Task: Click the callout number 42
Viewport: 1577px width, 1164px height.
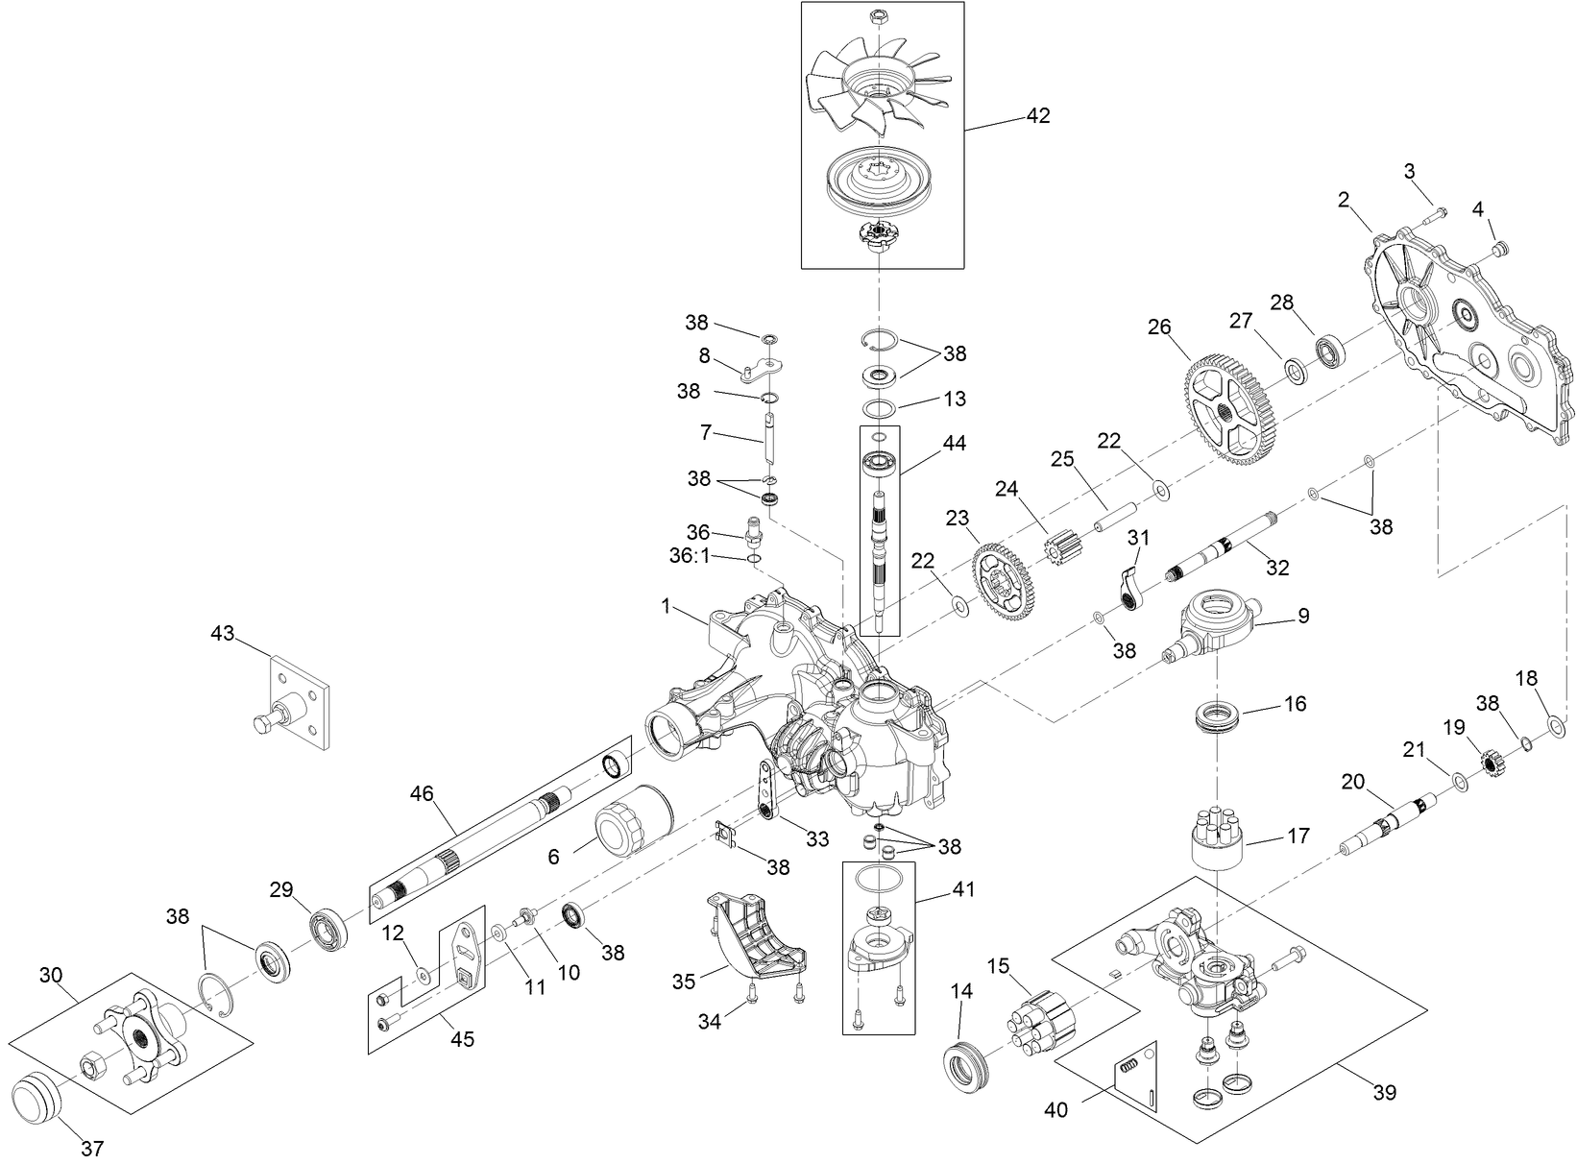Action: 1038,115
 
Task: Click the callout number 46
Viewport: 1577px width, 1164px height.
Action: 422,793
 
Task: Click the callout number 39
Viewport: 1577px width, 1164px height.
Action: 1384,1092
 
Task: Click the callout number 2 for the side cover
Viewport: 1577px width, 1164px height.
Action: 1343,200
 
